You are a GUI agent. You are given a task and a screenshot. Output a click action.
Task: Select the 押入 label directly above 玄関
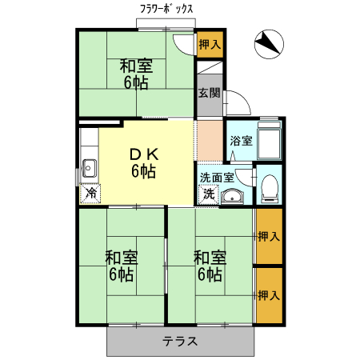tap(210, 44)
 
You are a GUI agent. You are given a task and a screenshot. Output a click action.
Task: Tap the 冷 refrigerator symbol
tap(91, 192)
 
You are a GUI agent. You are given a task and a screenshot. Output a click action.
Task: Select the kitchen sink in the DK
tap(88, 169)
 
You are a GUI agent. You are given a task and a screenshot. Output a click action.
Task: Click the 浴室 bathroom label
tap(241, 141)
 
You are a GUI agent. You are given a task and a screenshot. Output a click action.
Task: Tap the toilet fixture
tap(269, 187)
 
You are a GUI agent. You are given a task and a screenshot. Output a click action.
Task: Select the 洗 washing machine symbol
tap(208, 193)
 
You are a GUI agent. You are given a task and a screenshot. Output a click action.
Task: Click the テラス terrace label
tap(180, 341)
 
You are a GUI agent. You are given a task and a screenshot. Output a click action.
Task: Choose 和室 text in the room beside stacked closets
tap(210, 258)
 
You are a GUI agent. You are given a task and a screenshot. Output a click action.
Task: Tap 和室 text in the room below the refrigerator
tap(122, 258)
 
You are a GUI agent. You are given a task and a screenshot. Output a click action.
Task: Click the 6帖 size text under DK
tap(144, 170)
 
